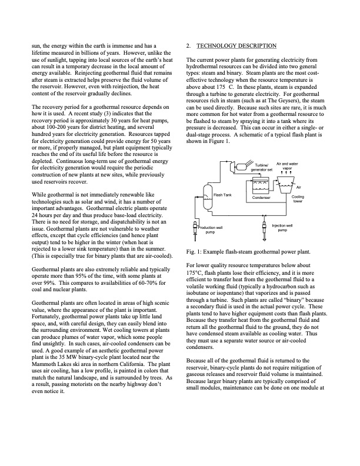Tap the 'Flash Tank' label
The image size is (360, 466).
point(222,194)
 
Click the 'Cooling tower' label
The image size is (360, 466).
point(298,199)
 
